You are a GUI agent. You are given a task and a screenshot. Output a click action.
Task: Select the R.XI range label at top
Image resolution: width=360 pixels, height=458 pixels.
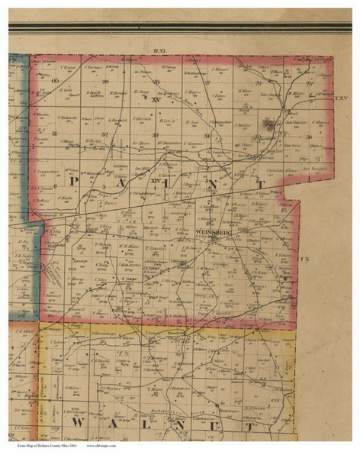coord(159,50)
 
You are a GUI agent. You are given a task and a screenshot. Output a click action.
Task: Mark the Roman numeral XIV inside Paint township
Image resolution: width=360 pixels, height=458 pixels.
coord(156,180)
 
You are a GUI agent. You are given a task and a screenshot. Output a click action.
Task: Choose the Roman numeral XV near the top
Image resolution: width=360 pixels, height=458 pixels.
coord(156,98)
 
